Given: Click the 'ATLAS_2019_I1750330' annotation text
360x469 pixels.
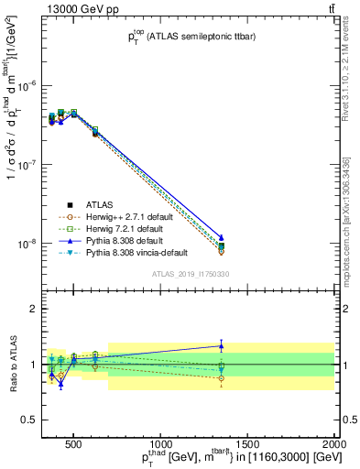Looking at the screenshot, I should (190, 274).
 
